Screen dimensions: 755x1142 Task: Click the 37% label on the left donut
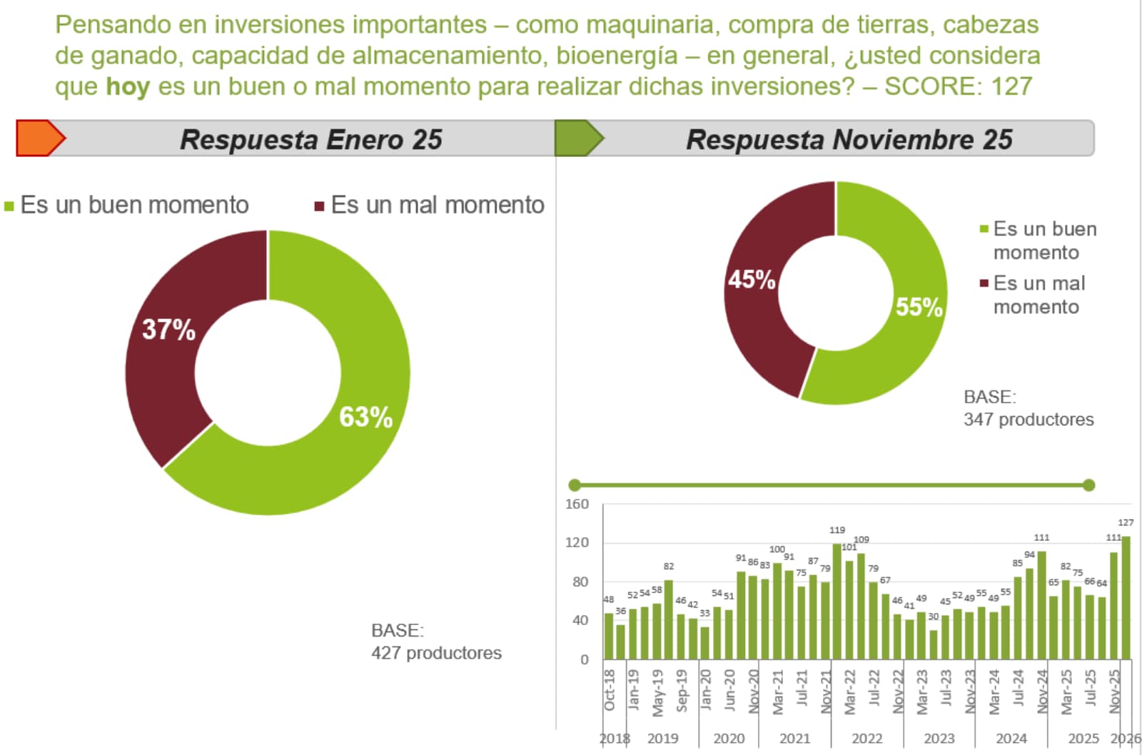[168, 330]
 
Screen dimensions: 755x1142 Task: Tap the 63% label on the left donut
[365, 417]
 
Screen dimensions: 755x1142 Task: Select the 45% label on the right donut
[752, 279]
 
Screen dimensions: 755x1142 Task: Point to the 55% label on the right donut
[919, 307]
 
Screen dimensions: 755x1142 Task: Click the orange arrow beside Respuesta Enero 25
[40, 138]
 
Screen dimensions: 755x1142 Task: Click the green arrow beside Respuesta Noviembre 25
[578, 138]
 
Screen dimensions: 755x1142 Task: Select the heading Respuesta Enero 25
[311, 140]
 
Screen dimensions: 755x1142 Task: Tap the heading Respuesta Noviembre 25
[849, 140]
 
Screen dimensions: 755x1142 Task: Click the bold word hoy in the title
[128, 86]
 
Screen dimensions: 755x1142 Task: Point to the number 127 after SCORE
[1011, 86]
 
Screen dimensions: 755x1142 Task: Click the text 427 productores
[436, 652]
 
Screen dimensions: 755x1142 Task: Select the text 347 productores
[1029, 419]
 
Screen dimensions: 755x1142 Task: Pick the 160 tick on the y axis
[577, 504]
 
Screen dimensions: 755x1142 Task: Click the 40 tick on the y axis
[580, 620]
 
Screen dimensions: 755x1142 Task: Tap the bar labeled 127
[1126, 598]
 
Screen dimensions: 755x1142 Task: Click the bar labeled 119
[837, 602]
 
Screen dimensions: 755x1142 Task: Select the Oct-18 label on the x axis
[610, 689]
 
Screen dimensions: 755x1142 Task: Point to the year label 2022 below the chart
[866, 739]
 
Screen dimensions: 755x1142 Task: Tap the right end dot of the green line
[1088, 485]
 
